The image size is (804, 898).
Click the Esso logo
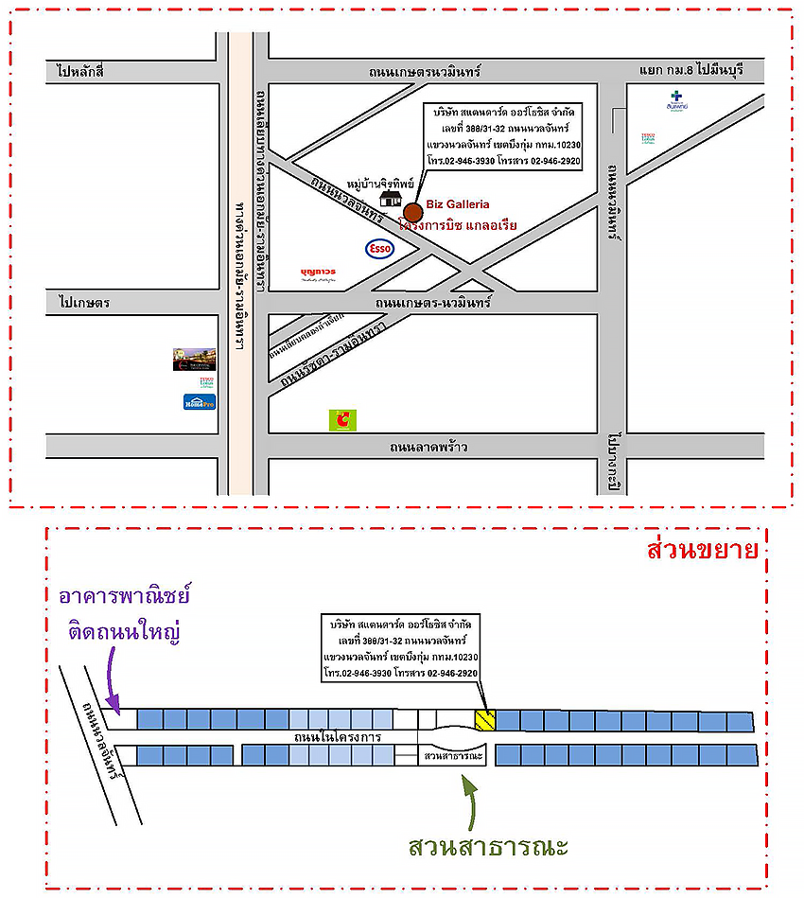pos(379,249)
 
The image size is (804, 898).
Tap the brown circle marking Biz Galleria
pos(413,211)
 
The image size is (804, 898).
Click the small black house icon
pos(390,198)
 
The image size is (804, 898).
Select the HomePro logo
pos(200,401)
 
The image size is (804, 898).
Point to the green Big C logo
pos(341,419)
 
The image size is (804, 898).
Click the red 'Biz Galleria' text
pos(457,203)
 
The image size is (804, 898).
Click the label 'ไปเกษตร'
pos(84,303)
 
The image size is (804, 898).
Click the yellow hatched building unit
pos(485,719)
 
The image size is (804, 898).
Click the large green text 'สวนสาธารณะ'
pos(488,845)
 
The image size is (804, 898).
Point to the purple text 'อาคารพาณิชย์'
pos(124,597)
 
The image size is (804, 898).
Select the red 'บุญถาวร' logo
pos(318,273)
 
